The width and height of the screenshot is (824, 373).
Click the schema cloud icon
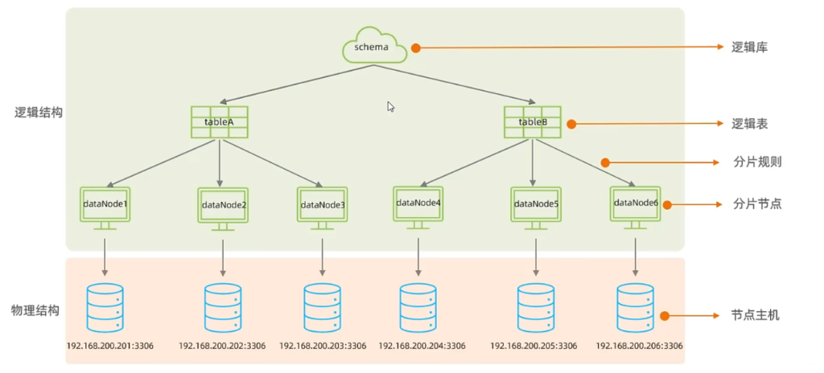371,47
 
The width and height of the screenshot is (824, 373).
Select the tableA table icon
219,121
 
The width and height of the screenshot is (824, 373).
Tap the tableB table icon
533,121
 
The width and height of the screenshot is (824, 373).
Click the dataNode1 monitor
105,206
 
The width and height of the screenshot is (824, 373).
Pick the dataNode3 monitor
322,207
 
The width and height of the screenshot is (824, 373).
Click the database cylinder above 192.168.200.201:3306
104,307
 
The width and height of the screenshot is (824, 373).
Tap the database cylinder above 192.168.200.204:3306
418,307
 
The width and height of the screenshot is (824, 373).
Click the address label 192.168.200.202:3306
222,346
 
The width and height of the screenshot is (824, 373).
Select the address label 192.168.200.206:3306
639,346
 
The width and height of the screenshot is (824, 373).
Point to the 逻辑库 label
749,47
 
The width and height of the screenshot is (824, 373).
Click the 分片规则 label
756,162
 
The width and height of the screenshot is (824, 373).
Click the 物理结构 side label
35,310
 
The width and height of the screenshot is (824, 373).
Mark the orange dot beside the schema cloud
416,48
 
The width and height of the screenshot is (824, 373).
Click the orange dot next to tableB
571,125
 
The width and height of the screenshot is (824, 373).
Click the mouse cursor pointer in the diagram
391,107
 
